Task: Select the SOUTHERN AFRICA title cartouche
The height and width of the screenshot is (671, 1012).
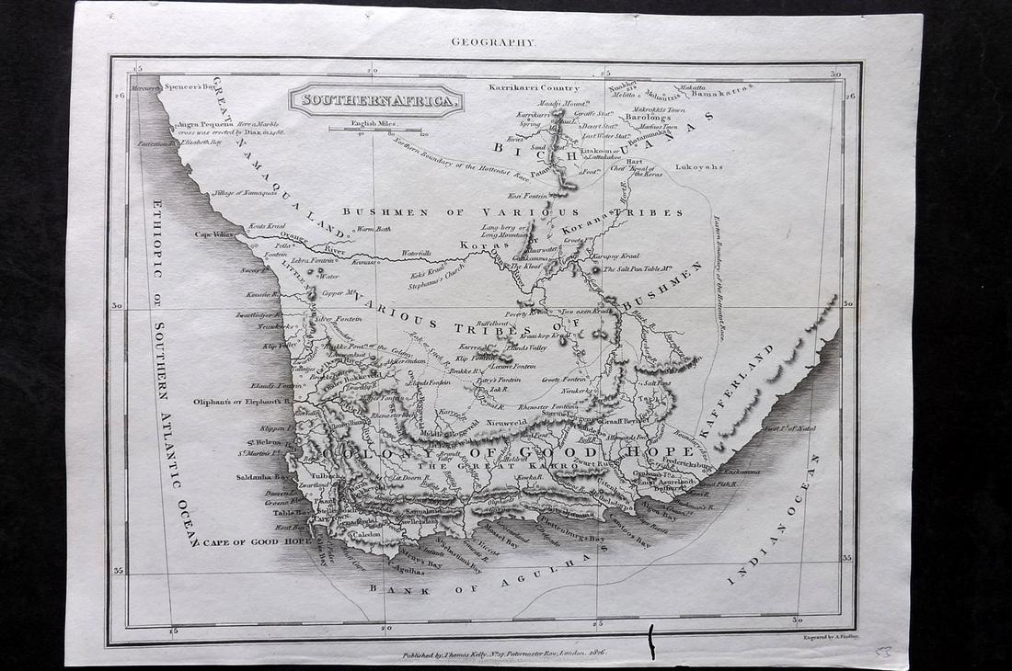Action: point(375,99)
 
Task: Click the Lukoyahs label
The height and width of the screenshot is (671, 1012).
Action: point(699,167)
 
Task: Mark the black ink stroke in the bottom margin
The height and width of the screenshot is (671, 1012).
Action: point(651,641)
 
